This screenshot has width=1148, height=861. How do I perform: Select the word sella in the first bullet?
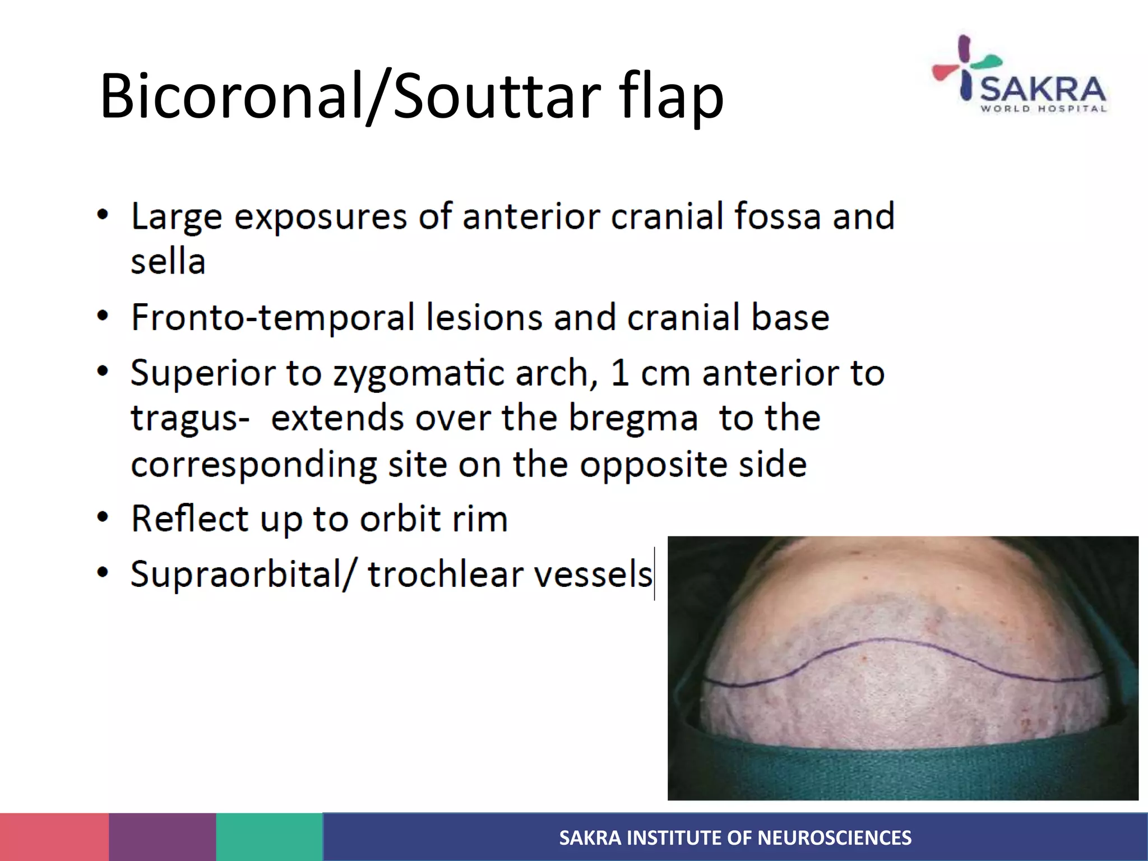[168, 261]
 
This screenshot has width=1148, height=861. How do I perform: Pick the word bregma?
[633, 419]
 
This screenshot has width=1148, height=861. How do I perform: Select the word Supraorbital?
[238, 574]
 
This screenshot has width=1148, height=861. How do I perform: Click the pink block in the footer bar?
[54, 837]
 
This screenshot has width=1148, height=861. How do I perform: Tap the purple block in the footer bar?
[163, 837]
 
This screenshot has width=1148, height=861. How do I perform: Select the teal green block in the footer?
[270, 837]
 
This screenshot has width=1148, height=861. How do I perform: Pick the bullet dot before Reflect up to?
[102, 517]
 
